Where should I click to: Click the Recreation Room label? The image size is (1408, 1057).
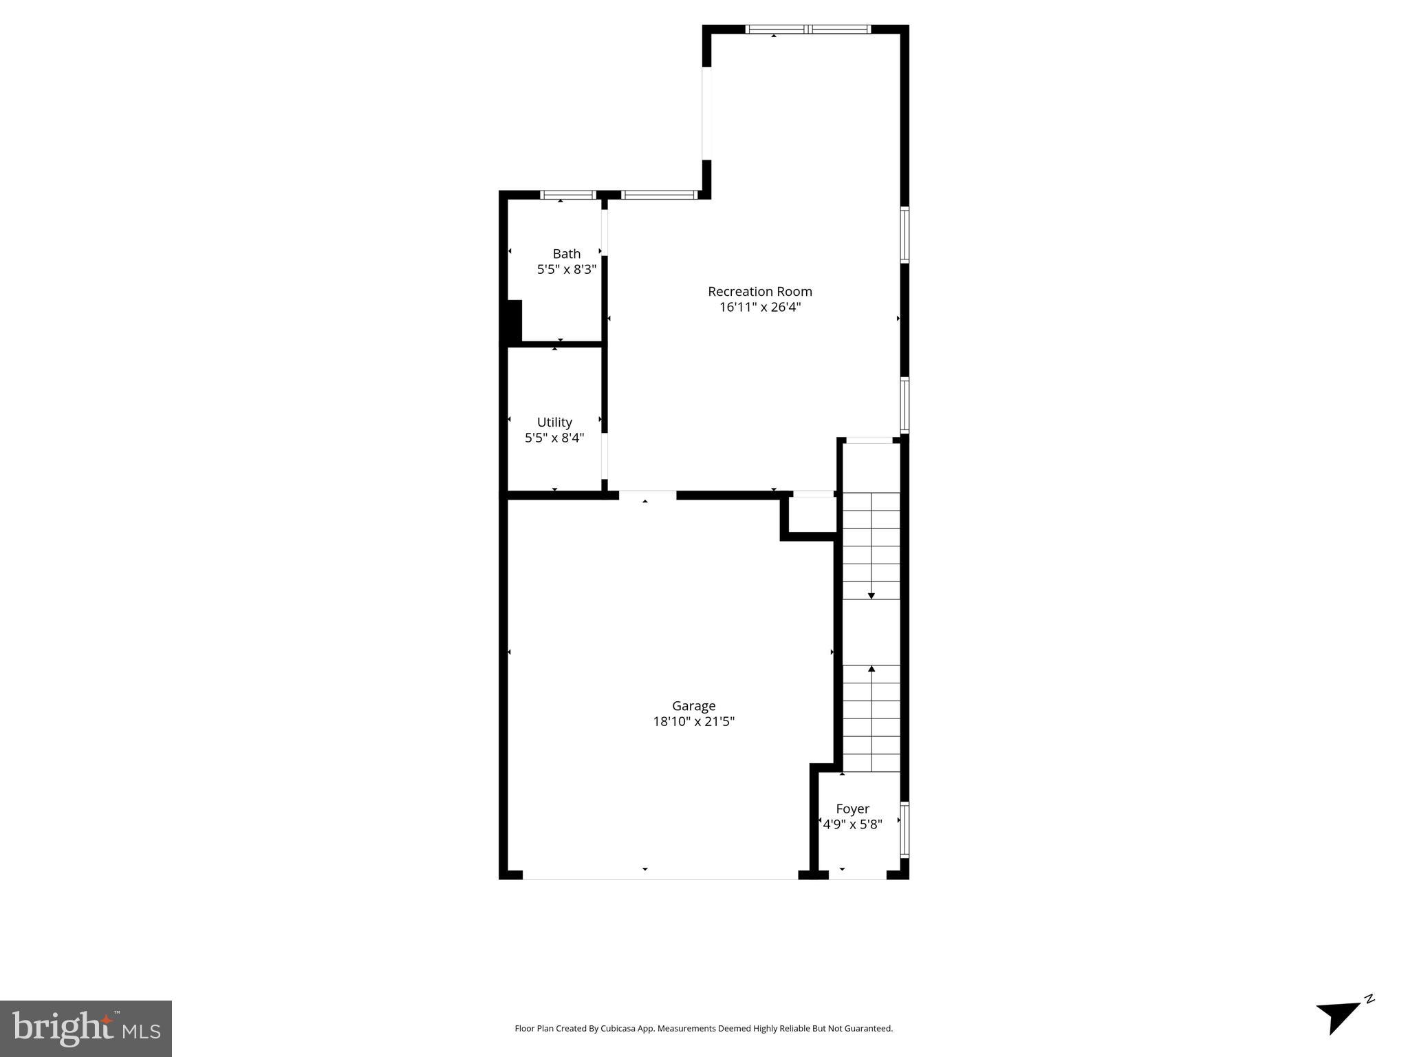pyautogui.click(x=759, y=292)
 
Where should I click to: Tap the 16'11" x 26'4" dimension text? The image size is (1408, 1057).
pyautogui.click(x=759, y=308)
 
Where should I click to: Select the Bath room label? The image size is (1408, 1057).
pyautogui.click(x=566, y=254)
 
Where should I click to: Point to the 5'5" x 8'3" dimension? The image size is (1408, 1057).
pyautogui.click(x=566, y=270)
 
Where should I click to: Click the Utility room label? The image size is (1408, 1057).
pyautogui.click(x=554, y=422)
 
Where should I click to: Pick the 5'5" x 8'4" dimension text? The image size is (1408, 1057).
pyautogui.click(x=554, y=438)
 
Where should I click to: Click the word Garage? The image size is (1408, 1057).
pyautogui.click(x=693, y=706)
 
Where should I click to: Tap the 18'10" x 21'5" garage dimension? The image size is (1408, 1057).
pyautogui.click(x=693, y=722)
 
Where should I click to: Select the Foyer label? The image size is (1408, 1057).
pyautogui.click(x=852, y=809)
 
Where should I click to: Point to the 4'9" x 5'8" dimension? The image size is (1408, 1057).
pyautogui.click(x=852, y=824)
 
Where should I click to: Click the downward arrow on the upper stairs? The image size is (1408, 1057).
pyautogui.click(x=871, y=595)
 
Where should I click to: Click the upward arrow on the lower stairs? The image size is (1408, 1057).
pyautogui.click(x=871, y=670)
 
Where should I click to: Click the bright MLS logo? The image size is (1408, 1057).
pyautogui.click(x=86, y=1028)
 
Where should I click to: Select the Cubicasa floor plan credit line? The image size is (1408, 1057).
pyautogui.click(x=704, y=1029)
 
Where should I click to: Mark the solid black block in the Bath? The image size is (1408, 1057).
pyautogui.click(x=514, y=321)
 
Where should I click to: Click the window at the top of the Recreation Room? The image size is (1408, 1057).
pyautogui.click(x=808, y=29)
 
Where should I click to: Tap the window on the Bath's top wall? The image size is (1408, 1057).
pyautogui.click(x=567, y=195)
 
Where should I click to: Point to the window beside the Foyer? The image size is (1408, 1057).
pyautogui.click(x=905, y=829)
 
